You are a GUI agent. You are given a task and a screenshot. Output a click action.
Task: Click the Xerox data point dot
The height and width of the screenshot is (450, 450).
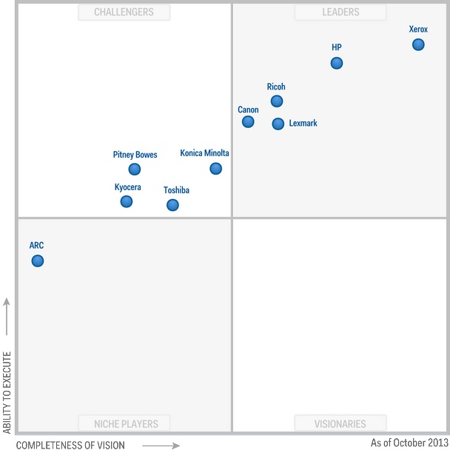pos(418,44)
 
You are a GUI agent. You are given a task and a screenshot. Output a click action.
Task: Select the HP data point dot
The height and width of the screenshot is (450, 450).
pos(337,63)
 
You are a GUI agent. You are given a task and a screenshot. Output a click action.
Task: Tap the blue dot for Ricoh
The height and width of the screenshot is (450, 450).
pos(277,101)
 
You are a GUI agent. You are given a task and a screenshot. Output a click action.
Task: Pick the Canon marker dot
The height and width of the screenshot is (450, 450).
pos(248,121)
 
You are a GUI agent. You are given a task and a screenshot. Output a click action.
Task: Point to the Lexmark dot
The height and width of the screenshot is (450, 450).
pos(278,124)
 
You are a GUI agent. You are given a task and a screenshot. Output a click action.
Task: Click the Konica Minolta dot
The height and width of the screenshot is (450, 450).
pos(215,168)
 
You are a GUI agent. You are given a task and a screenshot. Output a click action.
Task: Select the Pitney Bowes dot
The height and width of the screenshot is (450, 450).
pos(135,169)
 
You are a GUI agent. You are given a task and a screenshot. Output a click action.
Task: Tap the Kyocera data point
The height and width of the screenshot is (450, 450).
pos(127,201)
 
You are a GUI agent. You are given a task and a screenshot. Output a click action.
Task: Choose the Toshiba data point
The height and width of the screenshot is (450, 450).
pos(172,205)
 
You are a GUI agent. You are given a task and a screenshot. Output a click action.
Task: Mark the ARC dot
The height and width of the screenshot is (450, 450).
pos(38,261)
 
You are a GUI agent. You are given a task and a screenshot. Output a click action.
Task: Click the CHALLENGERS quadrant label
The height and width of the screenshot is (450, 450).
pos(124,12)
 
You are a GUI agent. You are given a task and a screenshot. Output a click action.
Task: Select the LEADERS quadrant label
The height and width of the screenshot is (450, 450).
pos(340,12)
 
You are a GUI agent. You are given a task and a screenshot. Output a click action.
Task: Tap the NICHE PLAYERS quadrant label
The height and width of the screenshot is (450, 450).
pos(124,424)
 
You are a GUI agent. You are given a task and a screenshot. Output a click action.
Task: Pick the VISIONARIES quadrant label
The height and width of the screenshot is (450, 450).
pos(340,424)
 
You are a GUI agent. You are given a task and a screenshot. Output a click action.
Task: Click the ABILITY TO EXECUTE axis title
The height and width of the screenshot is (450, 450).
pos(7,392)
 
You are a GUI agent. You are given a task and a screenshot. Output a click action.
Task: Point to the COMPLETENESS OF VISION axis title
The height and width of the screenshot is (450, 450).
pos(70,445)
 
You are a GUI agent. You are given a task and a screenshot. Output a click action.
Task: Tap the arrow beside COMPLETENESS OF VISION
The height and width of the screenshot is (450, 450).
pos(161,445)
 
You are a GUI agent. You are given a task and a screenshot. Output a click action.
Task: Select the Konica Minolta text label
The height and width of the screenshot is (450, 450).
pos(204,153)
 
